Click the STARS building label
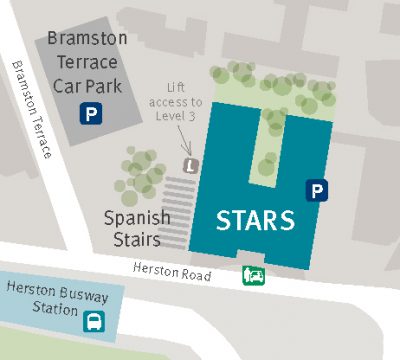pos(255,219)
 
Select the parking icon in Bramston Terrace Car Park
pos(92,114)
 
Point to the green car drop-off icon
pos(255,275)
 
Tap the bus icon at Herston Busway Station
pos(93,320)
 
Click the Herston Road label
pos(173,271)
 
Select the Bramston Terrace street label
pos(32,111)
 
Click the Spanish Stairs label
pos(138,226)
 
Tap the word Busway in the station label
pos(79,291)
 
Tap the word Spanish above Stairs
pos(138,216)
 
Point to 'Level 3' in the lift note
pos(178,116)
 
